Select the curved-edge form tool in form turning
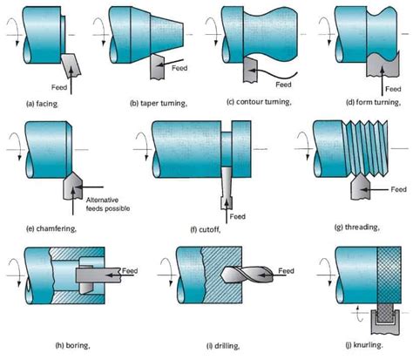(x=377, y=65)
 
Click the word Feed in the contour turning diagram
(x=281, y=85)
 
